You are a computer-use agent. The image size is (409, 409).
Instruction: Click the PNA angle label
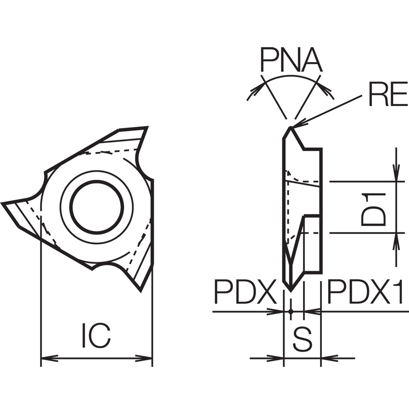(x=291, y=60)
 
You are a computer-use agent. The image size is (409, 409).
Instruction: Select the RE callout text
(x=388, y=94)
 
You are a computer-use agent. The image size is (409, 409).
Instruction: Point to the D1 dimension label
(x=373, y=209)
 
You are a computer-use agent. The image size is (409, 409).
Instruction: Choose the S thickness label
(x=303, y=339)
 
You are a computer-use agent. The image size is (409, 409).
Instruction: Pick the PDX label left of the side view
(x=245, y=292)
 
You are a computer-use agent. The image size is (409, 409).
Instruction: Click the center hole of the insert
(x=97, y=207)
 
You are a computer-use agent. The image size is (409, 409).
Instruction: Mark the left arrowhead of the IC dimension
(x=49, y=358)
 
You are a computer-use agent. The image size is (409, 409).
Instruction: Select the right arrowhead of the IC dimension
(x=144, y=358)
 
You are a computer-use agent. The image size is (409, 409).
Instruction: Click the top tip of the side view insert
(x=290, y=127)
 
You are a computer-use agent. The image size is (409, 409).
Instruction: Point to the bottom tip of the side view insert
(x=290, y=291)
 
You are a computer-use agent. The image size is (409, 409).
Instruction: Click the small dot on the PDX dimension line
(x=291, y=311)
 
